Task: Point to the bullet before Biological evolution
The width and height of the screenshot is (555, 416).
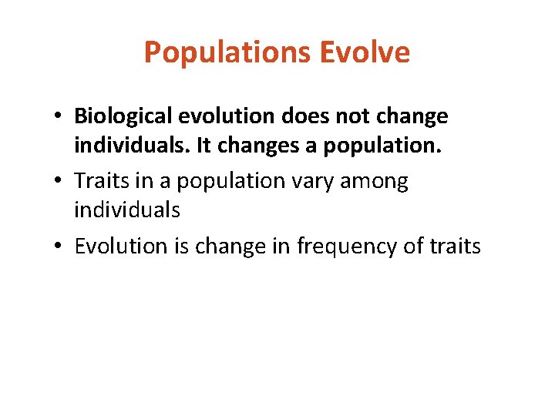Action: (x=59, y=117)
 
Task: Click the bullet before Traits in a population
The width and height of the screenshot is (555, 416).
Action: (x=59, y=182)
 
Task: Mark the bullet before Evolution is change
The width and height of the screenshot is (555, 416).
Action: (x=59, y=247)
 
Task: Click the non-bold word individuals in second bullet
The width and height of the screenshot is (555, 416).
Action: (x=127, y=210)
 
